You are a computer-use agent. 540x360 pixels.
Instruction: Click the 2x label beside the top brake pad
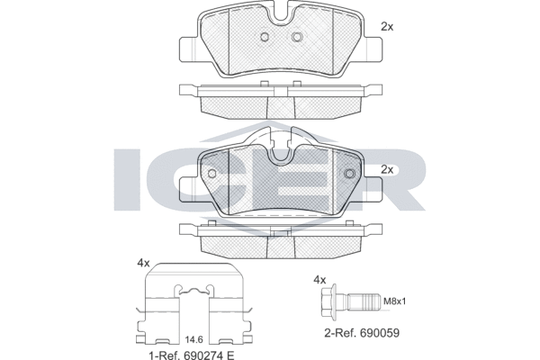coord(387,27)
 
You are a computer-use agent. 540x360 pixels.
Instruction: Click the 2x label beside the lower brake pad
coord(387,169)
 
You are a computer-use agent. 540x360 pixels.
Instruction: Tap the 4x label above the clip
coord(143,264)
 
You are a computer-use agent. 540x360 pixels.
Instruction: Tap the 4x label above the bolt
coord(319,280)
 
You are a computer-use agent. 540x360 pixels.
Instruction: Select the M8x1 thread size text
coord(395,301)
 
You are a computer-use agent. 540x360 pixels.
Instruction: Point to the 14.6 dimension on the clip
coord(193,340)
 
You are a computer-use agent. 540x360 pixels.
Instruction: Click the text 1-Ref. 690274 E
coord(191,355)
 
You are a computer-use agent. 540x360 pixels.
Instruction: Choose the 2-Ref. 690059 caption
coord(362,333)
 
